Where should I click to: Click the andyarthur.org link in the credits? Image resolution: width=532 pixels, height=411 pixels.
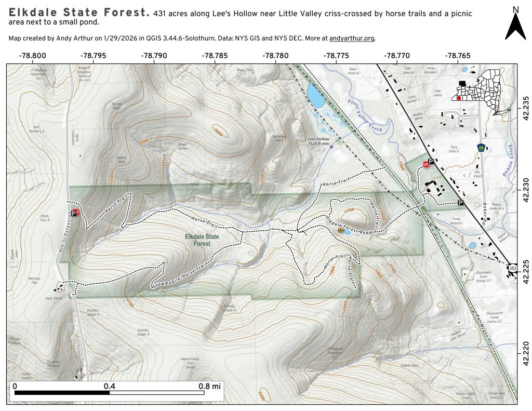coord(352,38)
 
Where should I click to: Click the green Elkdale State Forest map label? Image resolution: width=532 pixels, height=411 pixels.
coord(202,240)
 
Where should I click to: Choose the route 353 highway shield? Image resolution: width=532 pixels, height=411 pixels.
coord(513,268)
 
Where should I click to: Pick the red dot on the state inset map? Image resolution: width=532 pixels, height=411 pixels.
coord(459,98)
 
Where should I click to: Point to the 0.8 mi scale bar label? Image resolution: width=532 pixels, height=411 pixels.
coord(209,386)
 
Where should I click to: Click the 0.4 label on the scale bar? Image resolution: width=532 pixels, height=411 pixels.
coord(109,386)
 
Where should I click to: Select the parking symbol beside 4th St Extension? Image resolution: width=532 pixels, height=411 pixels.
coord(75,213)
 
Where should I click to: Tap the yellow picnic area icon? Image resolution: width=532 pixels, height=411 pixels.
coord(341,229)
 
